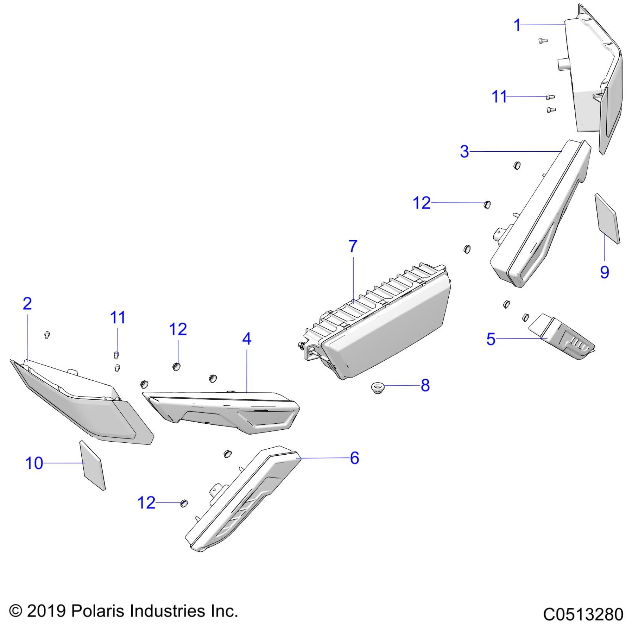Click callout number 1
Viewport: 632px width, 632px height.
(x=517, y=25)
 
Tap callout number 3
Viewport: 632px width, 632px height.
(x=464, y=152)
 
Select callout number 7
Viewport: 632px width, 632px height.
(x=353, y=246)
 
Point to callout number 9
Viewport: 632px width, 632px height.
(x=604, y=272)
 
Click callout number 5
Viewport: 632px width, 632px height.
(x=491, y=339)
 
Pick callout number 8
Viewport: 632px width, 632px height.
(x=425, y=386)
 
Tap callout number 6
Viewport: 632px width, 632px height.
(x=354, y=458)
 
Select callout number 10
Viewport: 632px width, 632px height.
(x=34, y=463)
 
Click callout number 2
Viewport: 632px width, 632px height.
(x=27, y=304)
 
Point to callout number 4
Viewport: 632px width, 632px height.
(x=246, y=339)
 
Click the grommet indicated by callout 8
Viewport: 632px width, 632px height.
(x=377, y=388)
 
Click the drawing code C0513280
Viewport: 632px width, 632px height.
(x=583, y=614)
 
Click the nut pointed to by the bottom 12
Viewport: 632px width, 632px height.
(x=184, y=504)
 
